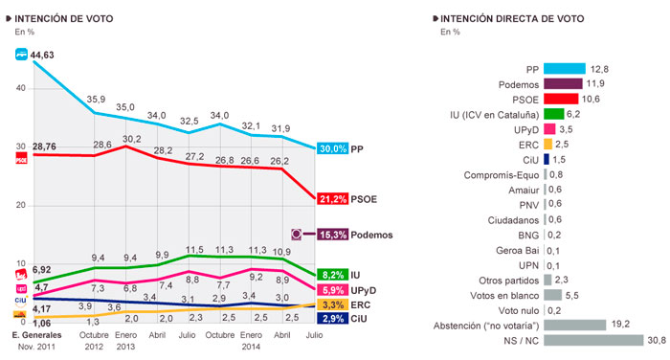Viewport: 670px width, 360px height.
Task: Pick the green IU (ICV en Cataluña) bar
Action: click(x=553, y=112)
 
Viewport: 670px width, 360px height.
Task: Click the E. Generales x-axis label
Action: click(x=35, y=334)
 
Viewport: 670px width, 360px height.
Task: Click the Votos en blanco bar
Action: click(x=554, y=296)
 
